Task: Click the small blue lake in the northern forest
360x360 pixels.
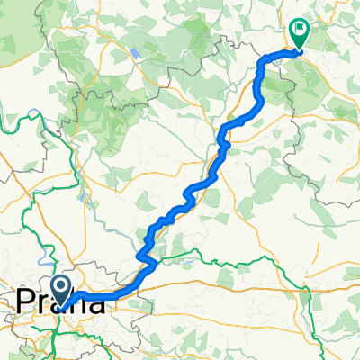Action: [134, 53]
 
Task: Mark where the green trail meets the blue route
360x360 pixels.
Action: [155, 264]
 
